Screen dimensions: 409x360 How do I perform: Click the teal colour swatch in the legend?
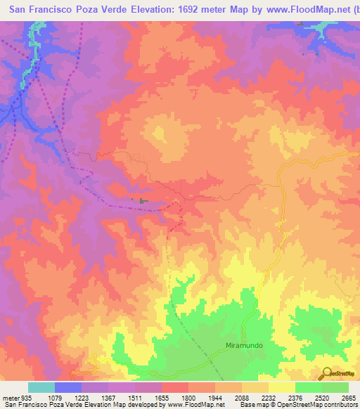click(x=41, y=387)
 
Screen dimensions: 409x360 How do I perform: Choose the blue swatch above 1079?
click(x=67, y=387)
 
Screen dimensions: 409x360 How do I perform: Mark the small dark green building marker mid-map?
click(x=144, y=202)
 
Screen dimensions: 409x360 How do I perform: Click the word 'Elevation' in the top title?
click(x=150, y=11)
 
